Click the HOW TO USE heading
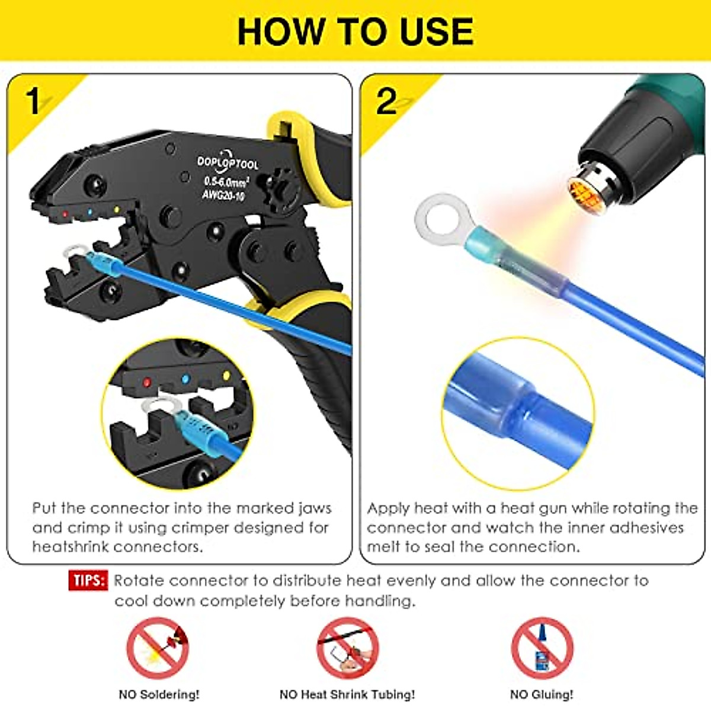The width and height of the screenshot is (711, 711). pos(355,31)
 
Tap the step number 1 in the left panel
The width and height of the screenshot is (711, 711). pos(33,102)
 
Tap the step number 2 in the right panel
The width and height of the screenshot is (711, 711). pos(386,102)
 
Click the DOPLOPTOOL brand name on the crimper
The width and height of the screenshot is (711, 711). pos(228,163)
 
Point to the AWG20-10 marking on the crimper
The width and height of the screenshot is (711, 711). pos(223,194)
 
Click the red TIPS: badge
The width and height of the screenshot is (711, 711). pos(88,580)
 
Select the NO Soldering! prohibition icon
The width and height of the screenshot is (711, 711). pos(158,648)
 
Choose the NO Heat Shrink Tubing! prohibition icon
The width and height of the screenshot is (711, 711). pos(348,648)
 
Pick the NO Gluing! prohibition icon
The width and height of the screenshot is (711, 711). pos(542,648)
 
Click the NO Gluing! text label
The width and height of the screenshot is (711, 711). pos(542,694)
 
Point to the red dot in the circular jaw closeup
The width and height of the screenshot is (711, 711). pos(146,383)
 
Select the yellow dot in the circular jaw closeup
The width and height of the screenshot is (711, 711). pos(226,376)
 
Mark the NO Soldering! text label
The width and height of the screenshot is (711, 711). pos(159,694)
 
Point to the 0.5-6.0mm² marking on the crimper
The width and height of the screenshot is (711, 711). pos(226,181)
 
